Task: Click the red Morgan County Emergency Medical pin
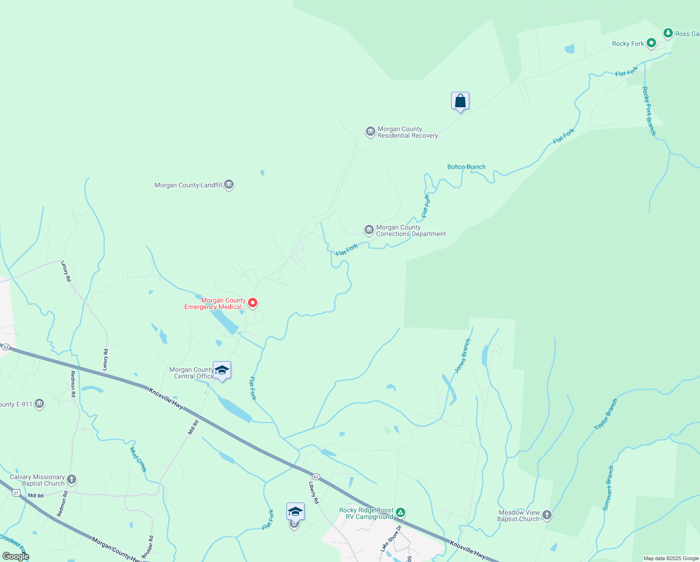pyautogui.click(x=253, y=303)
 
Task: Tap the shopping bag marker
pyautogui.click(x=460, y=101)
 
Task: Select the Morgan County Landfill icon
pyautogui.click(x=229, y=185)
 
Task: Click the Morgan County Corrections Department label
pyautogui.click(x=411, y=231)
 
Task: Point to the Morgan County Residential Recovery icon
pyautogui.click(x=371, y=132)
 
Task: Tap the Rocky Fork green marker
pyautogui.click(x=651, y=44)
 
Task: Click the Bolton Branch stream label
pyautogui.click(x=466, y=167)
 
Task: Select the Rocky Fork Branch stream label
pyautogui.click(x=649, y=111)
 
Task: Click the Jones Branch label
pyautogui.click(x=462, y=356)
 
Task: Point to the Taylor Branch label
pyautogui.click(x=606, y=414)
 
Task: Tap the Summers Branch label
pyautogui.click(x=608, y=488)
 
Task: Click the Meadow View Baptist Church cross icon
pyautogui.click(x=547, y=516)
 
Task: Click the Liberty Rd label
pyautogui.click(x=314, y=493)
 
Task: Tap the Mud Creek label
pyautogui.click(x=138, y=459)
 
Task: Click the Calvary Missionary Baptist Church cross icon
pyautogui.click(x=72, y=480)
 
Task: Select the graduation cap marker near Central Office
pyautogui.click(x=222, y=370)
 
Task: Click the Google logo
pyautogui.click(x=15, y=556)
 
